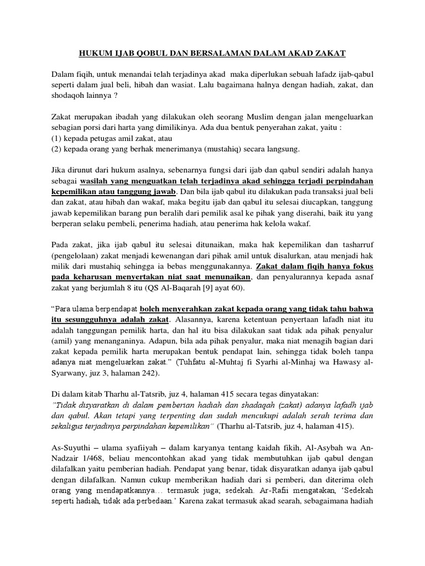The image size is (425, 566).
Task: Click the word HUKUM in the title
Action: [93, 53]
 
